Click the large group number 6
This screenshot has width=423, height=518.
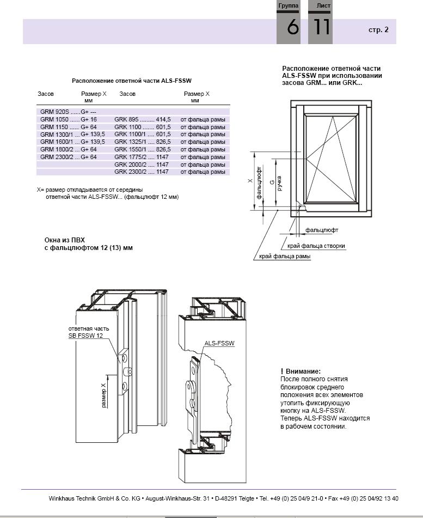[x=293, y=27]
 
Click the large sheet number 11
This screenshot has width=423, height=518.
[x=322, y=27]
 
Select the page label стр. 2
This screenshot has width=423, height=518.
[x=378, y=30]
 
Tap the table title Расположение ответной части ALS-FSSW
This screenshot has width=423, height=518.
[x=132, y=81]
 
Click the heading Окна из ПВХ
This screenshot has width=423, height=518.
[x=65, y=240]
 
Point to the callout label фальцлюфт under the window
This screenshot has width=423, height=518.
[x=322, y=230]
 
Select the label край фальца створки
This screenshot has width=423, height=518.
[x=316, y=246]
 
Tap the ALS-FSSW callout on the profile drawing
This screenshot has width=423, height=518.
[x=219, y=343]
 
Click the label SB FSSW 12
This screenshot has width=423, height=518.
[x=85, y=336]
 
